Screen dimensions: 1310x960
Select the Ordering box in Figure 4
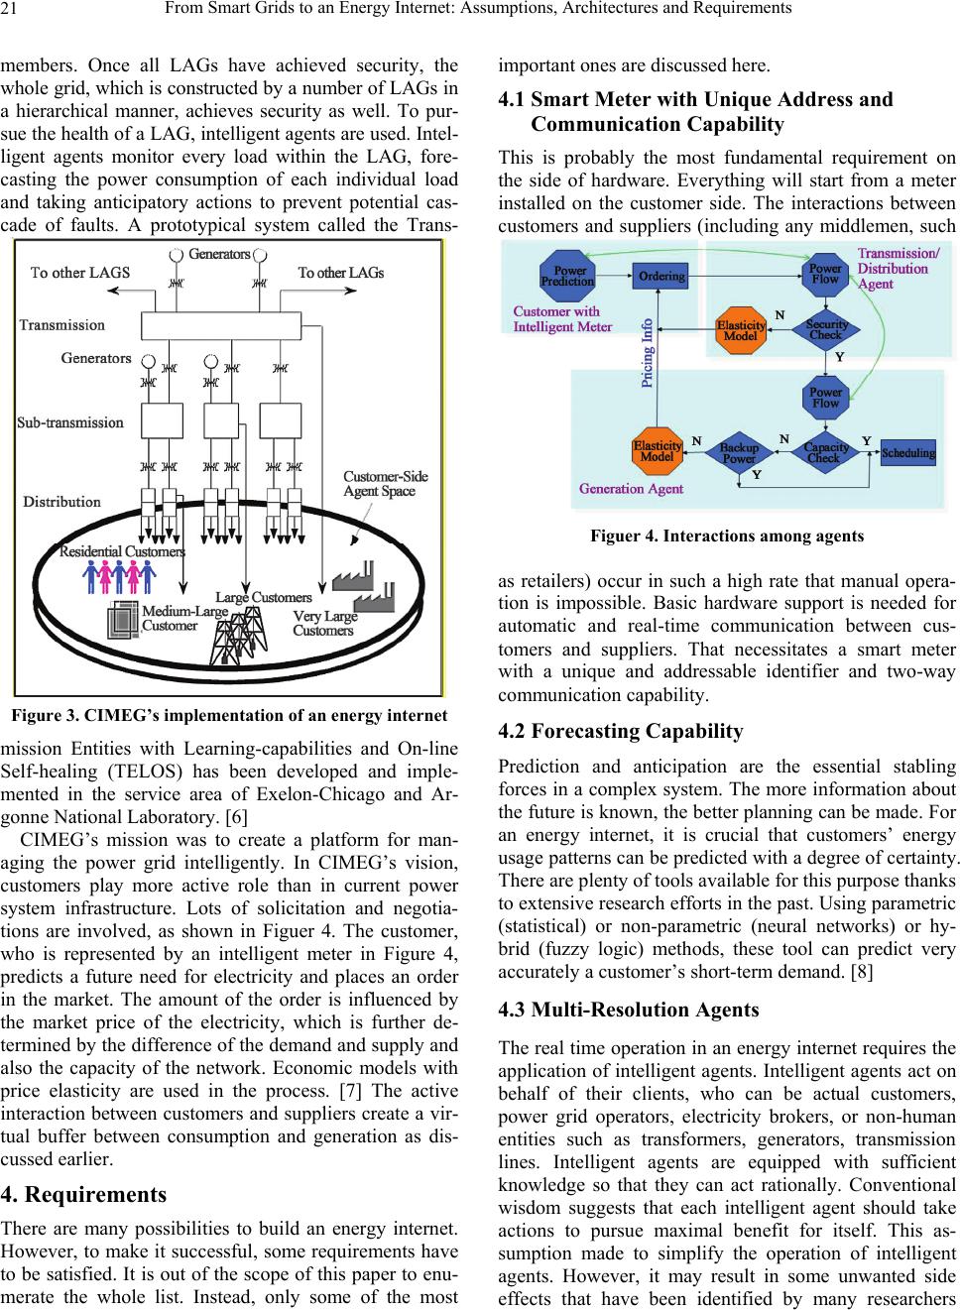(660, 276)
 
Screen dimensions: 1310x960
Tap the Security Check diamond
(826, 329)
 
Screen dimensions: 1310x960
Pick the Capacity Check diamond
(825, 452)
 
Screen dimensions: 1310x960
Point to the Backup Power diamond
(739, 453)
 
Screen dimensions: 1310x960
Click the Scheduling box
(907, 453)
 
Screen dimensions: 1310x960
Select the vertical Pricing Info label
(648, 353)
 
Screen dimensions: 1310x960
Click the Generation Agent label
(631, 488)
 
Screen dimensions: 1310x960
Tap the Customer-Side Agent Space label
(385, 484)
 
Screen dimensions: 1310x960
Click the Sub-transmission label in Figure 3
(70, 422)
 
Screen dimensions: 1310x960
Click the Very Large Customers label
(324, 624)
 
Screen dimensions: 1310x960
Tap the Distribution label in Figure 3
(61, 502)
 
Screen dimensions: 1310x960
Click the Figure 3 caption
(229, 715)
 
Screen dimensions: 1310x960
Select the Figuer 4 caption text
(726, 536)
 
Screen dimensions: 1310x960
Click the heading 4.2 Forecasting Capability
(621, 732)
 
